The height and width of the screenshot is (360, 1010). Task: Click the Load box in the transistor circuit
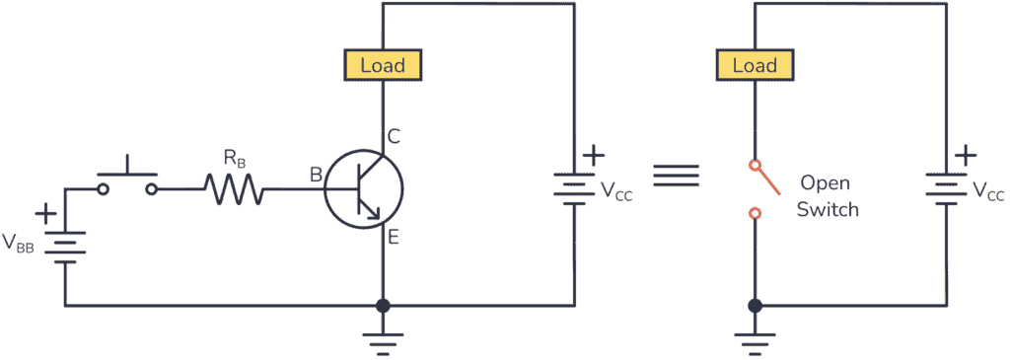tap(383, 66)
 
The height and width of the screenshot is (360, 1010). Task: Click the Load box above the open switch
tap(755, 66)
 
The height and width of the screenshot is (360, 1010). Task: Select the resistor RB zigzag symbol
tap(234, 188)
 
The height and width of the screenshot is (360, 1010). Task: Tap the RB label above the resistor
tap(234, 157)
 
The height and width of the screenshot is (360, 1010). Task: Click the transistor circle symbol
tap(364, 188)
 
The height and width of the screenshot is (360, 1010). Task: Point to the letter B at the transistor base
tap(316, 176)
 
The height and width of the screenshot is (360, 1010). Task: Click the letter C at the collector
tap(394, 137)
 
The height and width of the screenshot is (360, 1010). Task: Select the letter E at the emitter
tap(393, 237)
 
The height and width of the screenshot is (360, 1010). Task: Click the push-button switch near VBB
tap(127, 179)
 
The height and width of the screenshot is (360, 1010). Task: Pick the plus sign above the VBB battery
tap(45, 213)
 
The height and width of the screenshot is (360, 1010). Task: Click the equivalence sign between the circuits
tap(677, 175)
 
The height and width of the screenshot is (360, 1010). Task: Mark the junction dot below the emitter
tap(383, 306)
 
